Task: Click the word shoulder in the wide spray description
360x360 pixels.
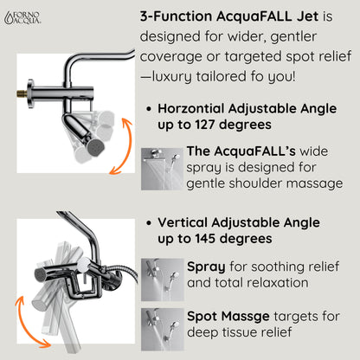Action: coord(255,183)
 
